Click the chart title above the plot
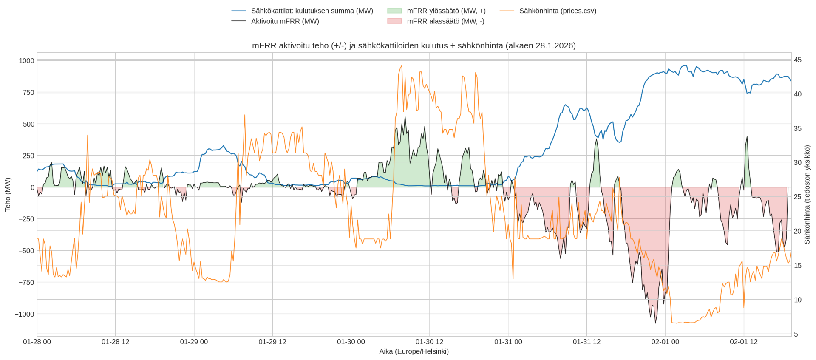point(414,45)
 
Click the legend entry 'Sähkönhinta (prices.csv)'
point(558,11)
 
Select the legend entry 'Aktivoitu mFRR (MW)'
point(285,21)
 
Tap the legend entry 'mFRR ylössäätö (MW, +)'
point(446,11)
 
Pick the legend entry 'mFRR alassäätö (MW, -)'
point(445,21)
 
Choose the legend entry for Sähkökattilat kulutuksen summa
point(312,11)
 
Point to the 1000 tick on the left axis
point(26,61)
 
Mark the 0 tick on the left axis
point(32,187)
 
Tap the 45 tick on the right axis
point(798,60)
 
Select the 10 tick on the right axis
point(798,300)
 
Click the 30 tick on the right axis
point(798,163)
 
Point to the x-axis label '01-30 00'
point(351,342)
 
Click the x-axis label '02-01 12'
point(744,342)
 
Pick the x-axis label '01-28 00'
point(37,342)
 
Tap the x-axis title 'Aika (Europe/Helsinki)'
point(414,351)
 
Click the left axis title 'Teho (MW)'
point(8,194)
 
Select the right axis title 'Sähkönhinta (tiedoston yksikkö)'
point(807,194)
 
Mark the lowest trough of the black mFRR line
point(655,323)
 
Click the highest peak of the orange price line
point(402,66)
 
